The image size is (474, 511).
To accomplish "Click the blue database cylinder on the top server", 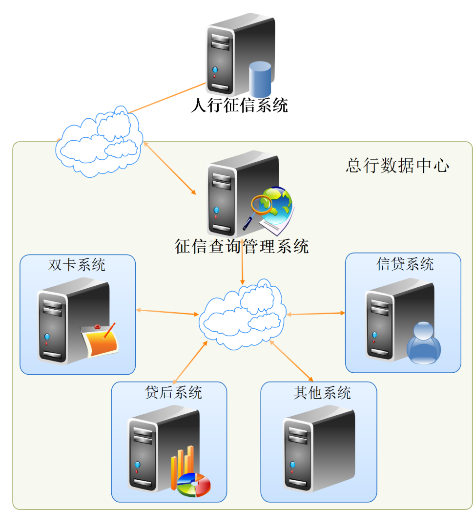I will tap(260, 80).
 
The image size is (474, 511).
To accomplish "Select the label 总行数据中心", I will tap(397, 166).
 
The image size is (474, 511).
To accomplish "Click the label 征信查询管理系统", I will tap(242, 246).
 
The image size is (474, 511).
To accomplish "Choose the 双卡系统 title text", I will tap(77, 265).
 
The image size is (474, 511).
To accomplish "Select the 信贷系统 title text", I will tap(405, 264).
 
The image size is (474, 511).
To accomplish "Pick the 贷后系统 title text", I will tap(173, 392).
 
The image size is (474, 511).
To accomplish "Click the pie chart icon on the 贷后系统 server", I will tap(194, 485).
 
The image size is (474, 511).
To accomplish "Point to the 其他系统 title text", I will tap(322, 392).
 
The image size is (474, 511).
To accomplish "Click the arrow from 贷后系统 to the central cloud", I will tap(190, 362).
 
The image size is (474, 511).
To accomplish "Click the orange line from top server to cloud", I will tap(166, 98).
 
